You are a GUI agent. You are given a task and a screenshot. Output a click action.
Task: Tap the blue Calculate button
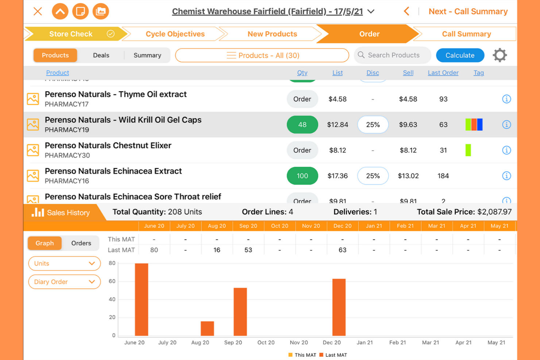tap(460, 55)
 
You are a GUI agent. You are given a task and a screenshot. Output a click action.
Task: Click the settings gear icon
tap(499, 55)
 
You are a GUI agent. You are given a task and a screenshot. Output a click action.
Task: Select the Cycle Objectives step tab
tap(175, 34)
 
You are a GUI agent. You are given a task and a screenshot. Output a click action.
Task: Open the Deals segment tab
tap(101, 55)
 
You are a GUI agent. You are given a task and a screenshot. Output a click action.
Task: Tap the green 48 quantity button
tap(302, 125)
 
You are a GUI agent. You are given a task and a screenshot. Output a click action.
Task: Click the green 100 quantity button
tap(302, 176)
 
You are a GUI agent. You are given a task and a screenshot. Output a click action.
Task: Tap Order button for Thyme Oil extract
tap(302, 99)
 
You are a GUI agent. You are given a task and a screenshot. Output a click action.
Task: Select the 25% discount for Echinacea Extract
tap(373, 176)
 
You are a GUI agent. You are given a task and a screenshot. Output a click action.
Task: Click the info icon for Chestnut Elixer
tap(506, 150)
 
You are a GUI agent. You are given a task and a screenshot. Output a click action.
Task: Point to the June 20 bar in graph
tap(142, 299)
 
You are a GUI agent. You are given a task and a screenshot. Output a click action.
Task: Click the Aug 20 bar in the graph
tap(207, 328)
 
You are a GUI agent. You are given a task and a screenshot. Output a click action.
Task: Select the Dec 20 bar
tap(339, 307)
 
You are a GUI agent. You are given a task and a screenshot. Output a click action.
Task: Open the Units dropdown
tap(64, 263)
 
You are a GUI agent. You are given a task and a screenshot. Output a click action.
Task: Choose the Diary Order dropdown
tap(64, 282)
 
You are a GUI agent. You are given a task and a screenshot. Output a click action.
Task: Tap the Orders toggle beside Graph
tap(81, 243)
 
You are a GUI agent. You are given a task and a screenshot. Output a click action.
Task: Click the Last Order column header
tap(443, 73)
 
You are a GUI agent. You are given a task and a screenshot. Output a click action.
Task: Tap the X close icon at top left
tap(38, 11)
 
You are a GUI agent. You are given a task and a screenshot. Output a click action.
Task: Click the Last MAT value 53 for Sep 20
tap(248, 250)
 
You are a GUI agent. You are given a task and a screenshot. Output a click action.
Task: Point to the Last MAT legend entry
tap(333, 355)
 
